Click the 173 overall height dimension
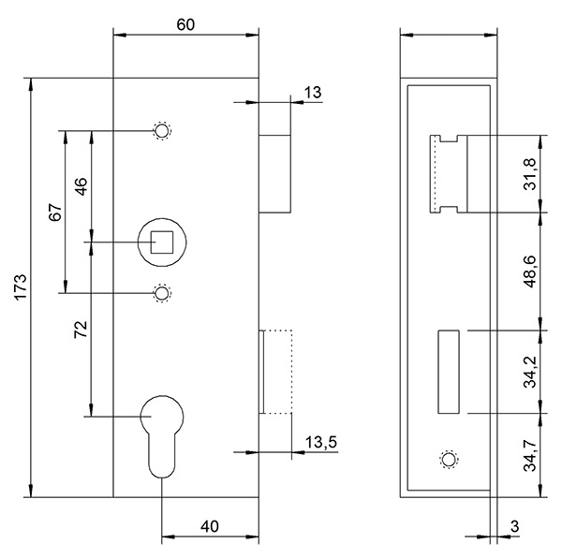coord(21,286)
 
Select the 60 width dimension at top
coord(185,24)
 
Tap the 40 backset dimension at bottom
coord(209,526)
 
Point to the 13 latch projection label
coord(313,93)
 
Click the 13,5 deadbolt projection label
coord(321,442)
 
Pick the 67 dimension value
coord(55,212)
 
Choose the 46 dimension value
coord(81,186)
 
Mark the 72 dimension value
coord(81,330)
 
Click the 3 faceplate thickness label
coord(514,526)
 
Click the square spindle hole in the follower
coord(162,242)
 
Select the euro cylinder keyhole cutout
coord(162,436)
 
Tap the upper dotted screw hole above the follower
coord(162,130)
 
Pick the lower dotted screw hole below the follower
coord(162,293)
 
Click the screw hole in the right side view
coord(449,459)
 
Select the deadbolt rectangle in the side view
coord(449,372)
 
